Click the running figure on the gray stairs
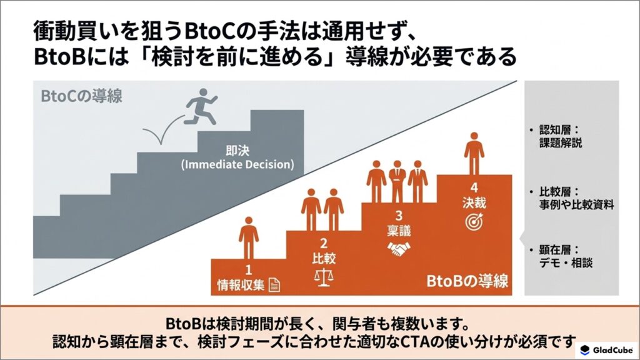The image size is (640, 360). click(x=200, y=107)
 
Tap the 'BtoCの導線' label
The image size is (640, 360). click(x=82, y=96)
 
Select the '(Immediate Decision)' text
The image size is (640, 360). click(x=237, y=164)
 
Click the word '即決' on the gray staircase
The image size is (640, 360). click(x=237, y=151)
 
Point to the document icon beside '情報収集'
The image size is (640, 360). click(x=274, y=285)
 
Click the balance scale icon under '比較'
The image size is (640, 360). click(x=324, y=277)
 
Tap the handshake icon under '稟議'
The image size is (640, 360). click(x=399, y=249)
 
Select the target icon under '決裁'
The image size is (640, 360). click(x=474, y=222)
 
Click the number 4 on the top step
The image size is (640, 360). click(x=474, y=187)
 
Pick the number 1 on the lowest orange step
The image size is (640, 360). click(x=248, y=270)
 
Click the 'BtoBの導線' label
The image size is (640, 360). click(x=467, y=281)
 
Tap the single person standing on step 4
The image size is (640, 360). click(x=474, y=154)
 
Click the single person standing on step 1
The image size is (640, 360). click(x=249, y=238)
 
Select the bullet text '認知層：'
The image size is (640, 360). click(x=559, y=130)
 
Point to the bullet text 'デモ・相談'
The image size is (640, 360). click(x=565, y=263)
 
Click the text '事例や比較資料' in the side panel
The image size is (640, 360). click(x=576, y=205)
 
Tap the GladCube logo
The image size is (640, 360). click(x=607, y=350)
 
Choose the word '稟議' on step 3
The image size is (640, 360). click(x=399, y=231)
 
